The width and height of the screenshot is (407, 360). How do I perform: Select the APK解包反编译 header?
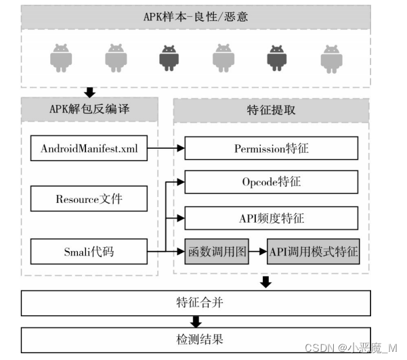89,110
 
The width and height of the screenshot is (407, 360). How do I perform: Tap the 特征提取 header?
272,110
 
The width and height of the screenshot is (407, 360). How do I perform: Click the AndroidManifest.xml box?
89,148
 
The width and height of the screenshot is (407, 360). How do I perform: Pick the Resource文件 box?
89,200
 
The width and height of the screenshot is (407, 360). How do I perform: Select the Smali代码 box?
89,252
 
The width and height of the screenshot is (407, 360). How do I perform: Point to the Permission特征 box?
272,148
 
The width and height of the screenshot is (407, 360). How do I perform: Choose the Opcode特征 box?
272,182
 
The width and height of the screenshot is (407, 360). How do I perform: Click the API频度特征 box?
272,218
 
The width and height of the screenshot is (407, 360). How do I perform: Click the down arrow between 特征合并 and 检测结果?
196,321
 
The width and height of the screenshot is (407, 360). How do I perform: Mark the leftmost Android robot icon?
61,58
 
